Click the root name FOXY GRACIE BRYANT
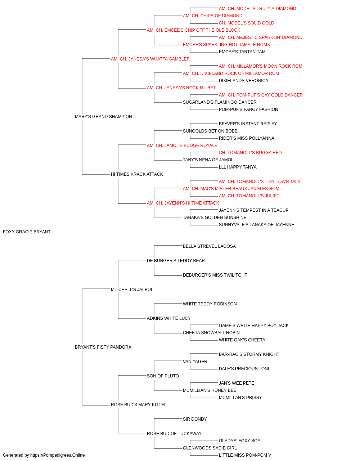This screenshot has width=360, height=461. point(27,232)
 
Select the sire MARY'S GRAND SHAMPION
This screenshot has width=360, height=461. point(103,116)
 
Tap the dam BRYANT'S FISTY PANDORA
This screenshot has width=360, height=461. point(103,347)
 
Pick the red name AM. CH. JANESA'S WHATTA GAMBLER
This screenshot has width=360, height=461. point(150,59)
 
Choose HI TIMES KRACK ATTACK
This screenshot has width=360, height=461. point(137,174)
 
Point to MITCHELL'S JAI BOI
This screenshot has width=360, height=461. point(131,289)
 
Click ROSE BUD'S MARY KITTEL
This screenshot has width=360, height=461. point(139,404)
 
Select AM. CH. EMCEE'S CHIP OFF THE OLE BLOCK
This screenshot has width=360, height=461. point(193,30)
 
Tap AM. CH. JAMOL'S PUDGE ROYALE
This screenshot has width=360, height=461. point(182,145)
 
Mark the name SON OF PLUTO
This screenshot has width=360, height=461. point(163,376)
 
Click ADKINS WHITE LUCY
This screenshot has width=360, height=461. point(168,318)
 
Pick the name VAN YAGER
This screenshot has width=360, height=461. point(195,361)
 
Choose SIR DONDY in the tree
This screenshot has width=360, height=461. point(195,419)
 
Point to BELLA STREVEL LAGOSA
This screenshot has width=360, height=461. point(209,246)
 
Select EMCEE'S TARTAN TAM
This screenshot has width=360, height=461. point(242,52)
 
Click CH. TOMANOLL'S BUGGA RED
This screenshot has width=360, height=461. point(250,153)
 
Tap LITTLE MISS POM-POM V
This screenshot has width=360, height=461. point(245,455)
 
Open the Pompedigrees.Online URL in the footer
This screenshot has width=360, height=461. point(57,455)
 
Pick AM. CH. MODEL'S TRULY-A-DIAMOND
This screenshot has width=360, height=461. point(257,9)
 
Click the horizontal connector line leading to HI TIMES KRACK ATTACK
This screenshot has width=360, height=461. point(96,175)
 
